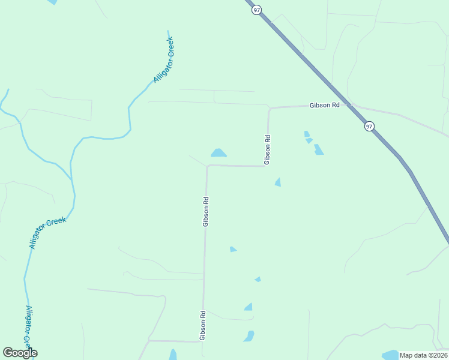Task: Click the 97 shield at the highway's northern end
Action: (x=256, y=11)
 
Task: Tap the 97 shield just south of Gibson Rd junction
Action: (x=369, y=126)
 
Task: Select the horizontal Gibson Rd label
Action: (x=325, y=105)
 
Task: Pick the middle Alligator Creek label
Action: (x=47, y=233)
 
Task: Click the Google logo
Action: (x=20, y=352)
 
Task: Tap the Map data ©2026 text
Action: (x=423, y=355)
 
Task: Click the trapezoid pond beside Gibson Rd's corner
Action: (x=218, y=153)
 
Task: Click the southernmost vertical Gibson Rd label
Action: (x=203, y=325)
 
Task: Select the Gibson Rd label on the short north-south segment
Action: (x=268, y=149)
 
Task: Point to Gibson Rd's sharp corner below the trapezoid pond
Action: (x=207, y=166)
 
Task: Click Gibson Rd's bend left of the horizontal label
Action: (x=270, y=109)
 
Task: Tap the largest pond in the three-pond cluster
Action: (x=318, y=149)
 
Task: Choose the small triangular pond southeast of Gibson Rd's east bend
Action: (x=278, y=182)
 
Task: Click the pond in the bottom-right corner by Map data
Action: (x=390, y=354)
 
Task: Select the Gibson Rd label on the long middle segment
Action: (x=205, y=212)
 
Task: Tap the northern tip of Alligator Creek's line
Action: (x=168, y=31)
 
